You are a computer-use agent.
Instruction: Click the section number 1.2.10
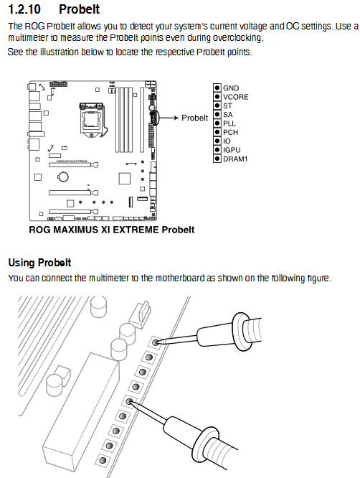click(24, 9)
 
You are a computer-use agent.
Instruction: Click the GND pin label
click(231, 88)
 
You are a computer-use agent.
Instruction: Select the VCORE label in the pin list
click(236, 97)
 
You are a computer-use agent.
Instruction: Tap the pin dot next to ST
click(217, 106)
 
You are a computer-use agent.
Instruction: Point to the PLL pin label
click(229, 123)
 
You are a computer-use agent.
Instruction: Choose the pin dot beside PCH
click(217, 132)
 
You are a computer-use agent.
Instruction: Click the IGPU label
click(232, 150)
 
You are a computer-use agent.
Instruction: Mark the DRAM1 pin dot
click(217, 159)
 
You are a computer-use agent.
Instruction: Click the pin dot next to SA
click(217, 114)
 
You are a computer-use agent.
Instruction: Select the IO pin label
click(227, 141)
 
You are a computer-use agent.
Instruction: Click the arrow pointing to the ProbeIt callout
click(169, 118)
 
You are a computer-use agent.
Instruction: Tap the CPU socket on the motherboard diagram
click(91, 120)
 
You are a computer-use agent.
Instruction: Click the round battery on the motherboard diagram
click(63, 177)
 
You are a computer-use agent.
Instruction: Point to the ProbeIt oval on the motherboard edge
click(153, 118)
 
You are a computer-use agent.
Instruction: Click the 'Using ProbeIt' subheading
click(39, 263)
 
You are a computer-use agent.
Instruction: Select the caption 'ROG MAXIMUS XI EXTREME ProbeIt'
click(111, 230)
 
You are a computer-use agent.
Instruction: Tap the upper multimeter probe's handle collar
click(240, 331)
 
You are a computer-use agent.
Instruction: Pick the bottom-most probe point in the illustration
click(103, 460)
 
